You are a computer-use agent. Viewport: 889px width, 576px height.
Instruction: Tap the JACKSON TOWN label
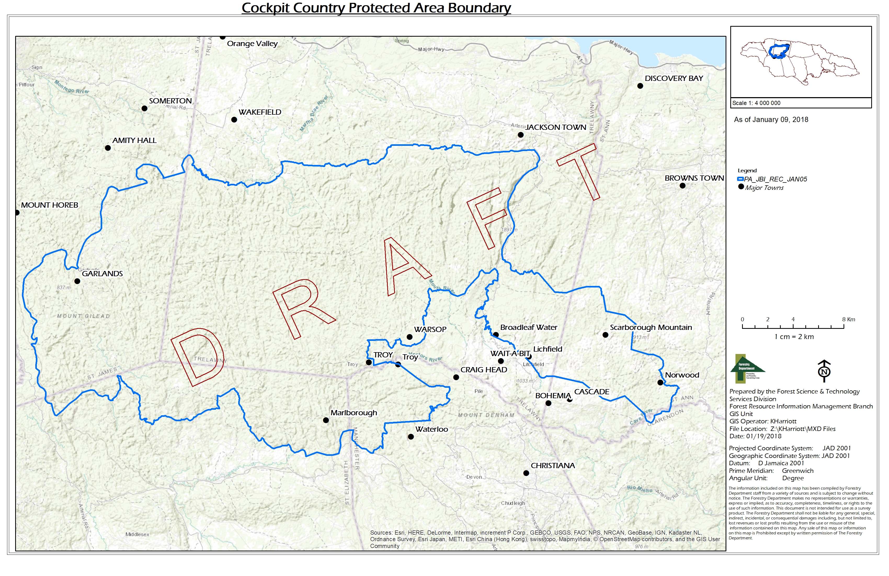[556, 128]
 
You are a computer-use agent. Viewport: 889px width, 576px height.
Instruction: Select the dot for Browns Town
[682, 186]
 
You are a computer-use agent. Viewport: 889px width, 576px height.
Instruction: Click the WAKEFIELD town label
[260, 112]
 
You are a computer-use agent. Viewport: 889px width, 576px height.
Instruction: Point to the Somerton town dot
[144, 108]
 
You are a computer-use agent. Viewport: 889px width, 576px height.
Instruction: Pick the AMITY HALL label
[134, 141]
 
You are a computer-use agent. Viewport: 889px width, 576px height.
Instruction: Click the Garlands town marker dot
[77, 281]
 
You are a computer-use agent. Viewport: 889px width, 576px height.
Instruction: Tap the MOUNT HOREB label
[49, 205]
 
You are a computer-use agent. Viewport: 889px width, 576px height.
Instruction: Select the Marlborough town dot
[326, 420]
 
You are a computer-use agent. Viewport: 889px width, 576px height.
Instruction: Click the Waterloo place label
[431, 429]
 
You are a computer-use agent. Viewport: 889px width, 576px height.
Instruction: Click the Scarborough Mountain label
[651, 328]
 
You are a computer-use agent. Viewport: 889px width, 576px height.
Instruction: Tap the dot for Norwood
[660, 383]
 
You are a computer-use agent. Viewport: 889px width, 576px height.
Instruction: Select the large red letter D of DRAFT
[198, 357]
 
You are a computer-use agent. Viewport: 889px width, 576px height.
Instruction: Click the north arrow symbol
[824, 371]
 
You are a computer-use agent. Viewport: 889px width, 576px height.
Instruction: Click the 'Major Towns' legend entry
[764, 188]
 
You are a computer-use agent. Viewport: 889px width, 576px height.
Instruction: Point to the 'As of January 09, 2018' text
[771, 120]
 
